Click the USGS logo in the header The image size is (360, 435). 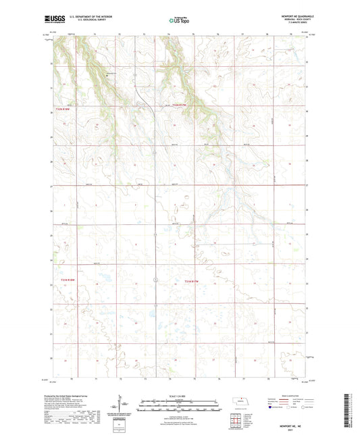pyautogui.click(x=51, y=20)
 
